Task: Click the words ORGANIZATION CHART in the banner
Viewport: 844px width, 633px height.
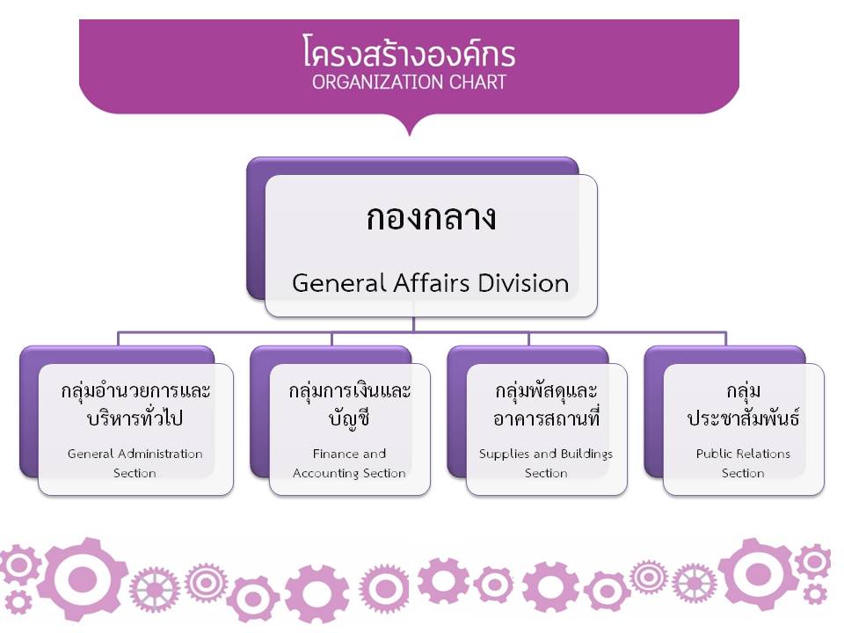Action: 409,83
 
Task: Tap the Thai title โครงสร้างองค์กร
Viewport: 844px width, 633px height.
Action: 409,52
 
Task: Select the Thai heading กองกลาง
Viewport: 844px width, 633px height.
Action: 431,218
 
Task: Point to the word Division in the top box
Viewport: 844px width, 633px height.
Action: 523,283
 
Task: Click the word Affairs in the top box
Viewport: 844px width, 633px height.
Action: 432,283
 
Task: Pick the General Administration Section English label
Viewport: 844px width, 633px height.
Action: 135,463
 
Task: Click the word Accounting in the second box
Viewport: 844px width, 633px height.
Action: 325,473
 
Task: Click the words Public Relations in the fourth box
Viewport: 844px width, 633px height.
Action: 744,454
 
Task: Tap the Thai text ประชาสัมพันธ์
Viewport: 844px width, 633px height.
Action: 744,418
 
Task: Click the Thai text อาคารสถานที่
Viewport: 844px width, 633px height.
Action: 546,417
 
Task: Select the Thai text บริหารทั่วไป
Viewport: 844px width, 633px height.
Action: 135,417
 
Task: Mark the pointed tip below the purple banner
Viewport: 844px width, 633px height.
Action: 410,135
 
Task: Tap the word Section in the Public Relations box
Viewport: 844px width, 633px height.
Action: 744,473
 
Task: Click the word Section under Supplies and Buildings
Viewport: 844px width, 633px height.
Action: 546,473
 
